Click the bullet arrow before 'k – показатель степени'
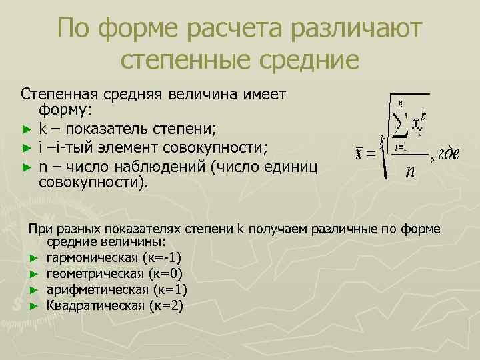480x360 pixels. (x=26, y=128)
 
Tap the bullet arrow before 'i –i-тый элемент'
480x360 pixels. (x=26, y=146)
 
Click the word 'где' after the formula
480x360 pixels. (x=449, y=155)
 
